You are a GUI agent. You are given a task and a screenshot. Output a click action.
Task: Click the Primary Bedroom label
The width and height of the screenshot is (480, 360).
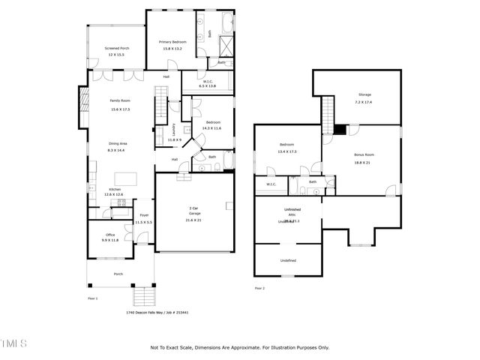click(172, 41)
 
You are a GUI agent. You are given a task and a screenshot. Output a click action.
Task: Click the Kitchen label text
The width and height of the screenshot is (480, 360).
click(115, 189)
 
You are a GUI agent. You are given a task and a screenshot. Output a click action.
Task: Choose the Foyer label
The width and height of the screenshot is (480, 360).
click(143, 215)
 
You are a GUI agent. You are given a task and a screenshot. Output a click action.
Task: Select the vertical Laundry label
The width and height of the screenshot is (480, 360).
click(174, 128)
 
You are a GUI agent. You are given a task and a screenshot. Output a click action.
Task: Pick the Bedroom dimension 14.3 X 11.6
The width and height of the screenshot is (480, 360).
click(211, 128)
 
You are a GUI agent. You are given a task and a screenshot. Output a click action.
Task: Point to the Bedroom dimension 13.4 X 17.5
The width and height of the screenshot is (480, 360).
click(286, 151)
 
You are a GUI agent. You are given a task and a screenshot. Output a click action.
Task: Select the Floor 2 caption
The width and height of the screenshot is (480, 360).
click(259, 288)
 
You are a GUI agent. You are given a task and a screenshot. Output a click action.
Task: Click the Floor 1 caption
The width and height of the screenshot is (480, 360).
click(93, 298)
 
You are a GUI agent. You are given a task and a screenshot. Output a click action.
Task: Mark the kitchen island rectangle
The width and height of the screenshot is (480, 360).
click(125, 178)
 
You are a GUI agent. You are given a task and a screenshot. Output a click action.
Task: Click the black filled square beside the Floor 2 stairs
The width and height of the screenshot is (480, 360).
click(340, 130)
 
